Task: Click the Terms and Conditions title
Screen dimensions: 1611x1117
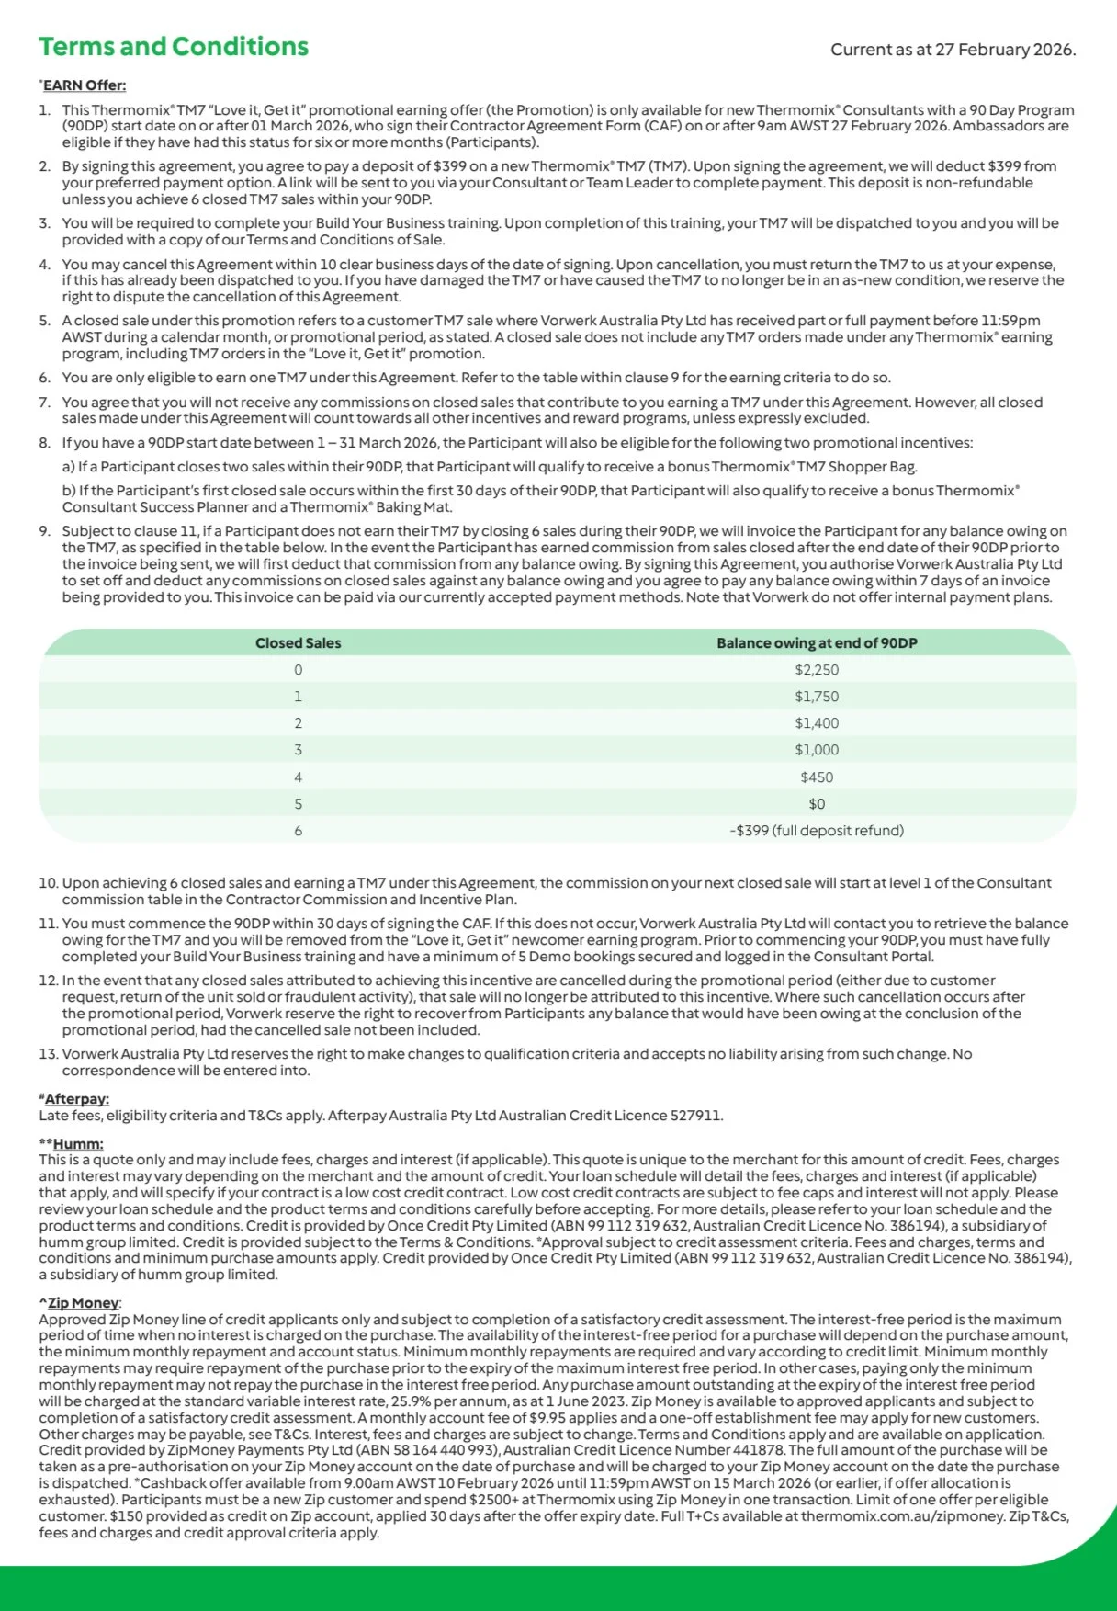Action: (x=174, y=47)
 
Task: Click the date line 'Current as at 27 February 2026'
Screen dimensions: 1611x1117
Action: (x=953, y=50)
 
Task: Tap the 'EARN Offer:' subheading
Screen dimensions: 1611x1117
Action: (x=85, y=85)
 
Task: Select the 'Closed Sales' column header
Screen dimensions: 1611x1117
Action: (x=298, y=643)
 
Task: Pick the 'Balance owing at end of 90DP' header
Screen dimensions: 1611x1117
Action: (x=817, y=643)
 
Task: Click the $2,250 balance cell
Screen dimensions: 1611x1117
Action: (x=817, y=670)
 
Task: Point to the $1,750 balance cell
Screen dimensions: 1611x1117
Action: (x=817, y=697)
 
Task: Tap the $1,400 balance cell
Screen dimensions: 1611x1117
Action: (x=817, y=723)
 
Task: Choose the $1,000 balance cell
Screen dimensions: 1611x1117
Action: (x=817, y=750)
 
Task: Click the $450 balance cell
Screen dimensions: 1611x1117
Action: (x=817, y=777)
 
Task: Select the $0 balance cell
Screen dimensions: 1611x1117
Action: (x=817, y=804)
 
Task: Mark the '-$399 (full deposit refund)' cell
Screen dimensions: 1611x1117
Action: (x=817, y=831)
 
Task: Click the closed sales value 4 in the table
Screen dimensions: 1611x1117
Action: (x=298, y=777)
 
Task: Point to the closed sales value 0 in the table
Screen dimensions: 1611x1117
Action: (x=298, y=670)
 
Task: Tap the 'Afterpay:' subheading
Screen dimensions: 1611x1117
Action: (x=76, y=1099)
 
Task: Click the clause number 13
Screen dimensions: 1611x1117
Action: (x=48, y=1054)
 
